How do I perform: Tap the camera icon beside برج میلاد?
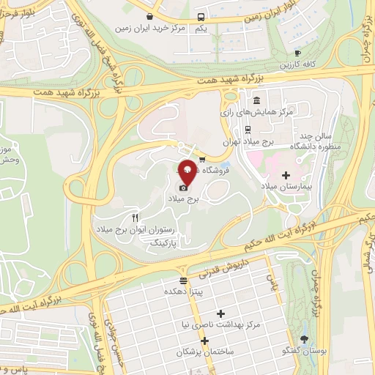pyautogui.click(x=182, y=188)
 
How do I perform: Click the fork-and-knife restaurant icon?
pyautogui.click(x=135, y=218)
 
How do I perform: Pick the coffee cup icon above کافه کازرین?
pyautogui.click(x=297, y=53)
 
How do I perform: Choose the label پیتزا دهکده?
pyautogui.click(x=185, y=292)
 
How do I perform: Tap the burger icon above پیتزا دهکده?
pyautogui.click(x=184, y=281)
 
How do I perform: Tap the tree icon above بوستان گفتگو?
pyautogui.click(x=314, y=341)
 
